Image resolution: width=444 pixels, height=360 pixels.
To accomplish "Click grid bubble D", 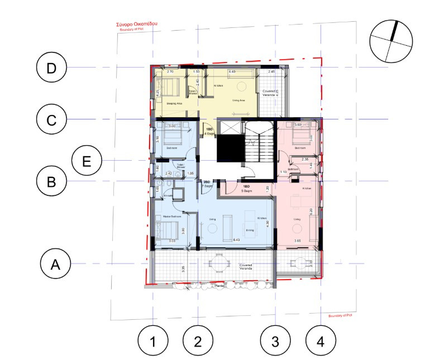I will (x=51, y=68).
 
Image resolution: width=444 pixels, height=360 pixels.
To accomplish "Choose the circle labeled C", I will (x=51, y=119).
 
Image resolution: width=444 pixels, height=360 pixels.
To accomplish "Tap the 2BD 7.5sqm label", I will (x=206, y=184).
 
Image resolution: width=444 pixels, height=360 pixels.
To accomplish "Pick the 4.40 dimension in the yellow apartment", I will (x=231, y=72).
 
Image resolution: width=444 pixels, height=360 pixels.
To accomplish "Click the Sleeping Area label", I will (x=168, y=103).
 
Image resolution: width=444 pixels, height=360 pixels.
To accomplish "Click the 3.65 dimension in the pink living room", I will (x=297, y=241).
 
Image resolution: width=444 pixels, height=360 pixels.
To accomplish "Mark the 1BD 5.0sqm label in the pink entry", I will (x=246, y=188).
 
